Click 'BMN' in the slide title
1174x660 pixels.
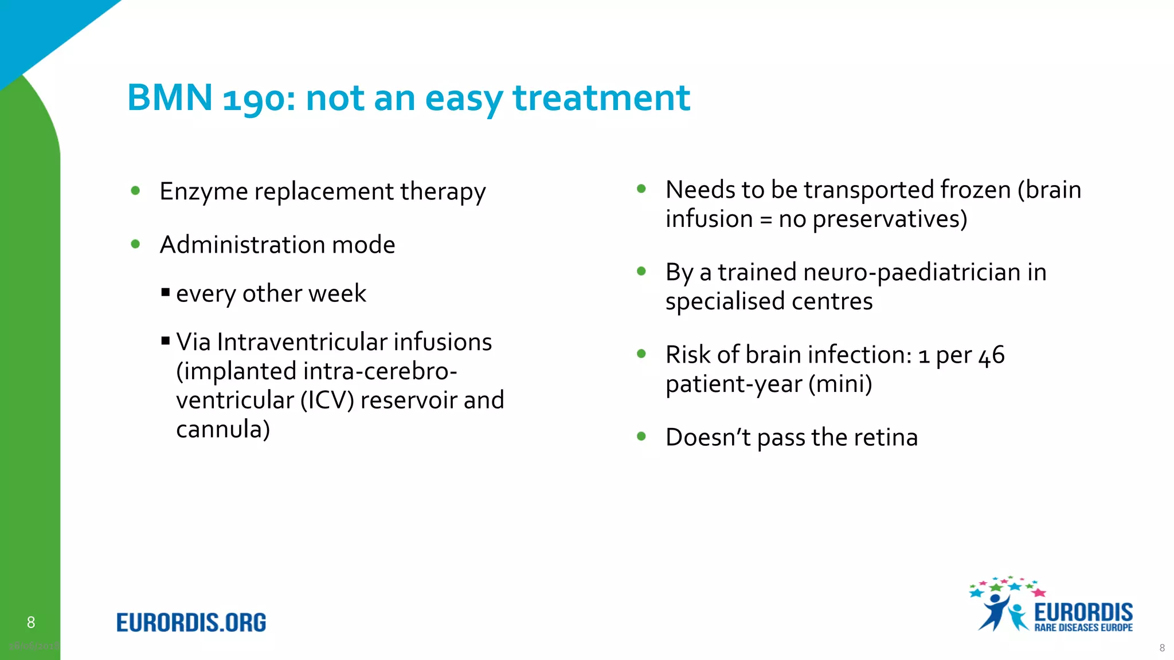(170, 97)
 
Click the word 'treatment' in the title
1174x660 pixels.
(601, 97)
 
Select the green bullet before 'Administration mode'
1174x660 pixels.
(136, 244)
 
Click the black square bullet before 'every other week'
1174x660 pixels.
(166, 293)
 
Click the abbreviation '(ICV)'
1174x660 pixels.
(327, 400)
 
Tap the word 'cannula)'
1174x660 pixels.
(222, 430)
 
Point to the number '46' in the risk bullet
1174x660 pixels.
(991, 356)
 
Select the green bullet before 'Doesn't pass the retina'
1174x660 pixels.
(641, 437)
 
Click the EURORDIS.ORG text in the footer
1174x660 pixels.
(191, 623)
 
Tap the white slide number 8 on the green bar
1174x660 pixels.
(31, 622)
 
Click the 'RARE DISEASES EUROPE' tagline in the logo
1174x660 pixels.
(1083, 628)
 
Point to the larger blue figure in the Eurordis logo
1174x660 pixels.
(994, 611)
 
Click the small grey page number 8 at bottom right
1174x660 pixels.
(1162, 648)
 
